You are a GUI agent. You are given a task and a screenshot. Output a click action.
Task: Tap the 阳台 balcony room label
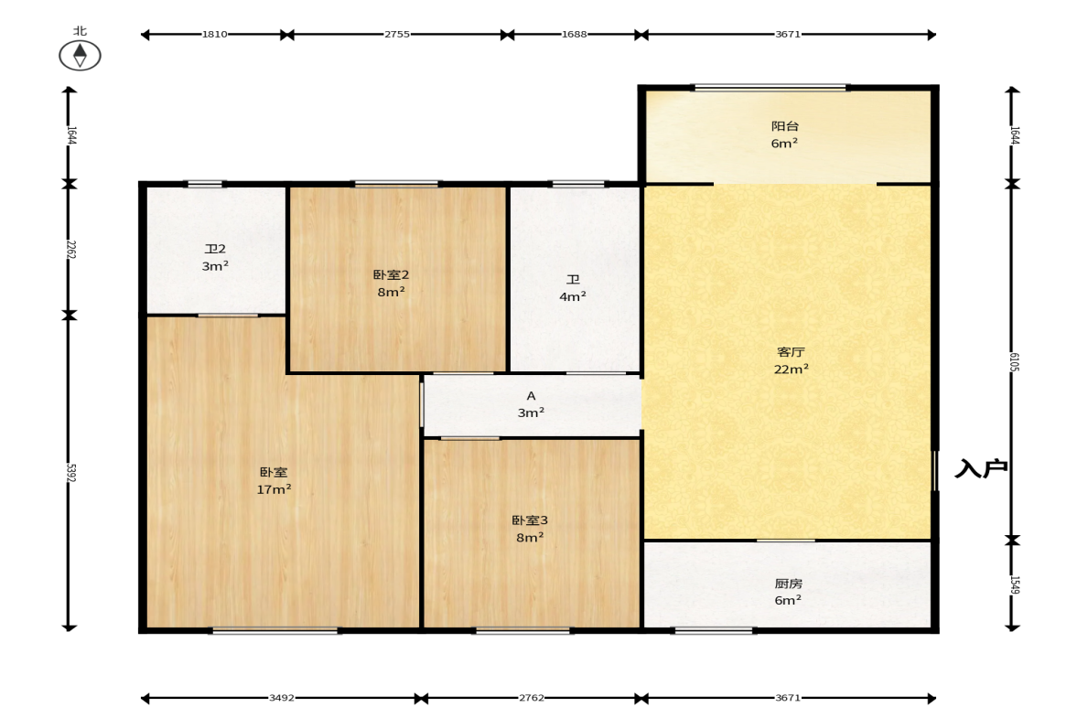pos(784,126)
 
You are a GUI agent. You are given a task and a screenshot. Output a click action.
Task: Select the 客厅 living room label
pos(791,352)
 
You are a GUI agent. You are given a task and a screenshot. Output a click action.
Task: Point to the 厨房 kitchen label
pos(788,584)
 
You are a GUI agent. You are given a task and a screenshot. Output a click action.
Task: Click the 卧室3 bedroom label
pos(530,520)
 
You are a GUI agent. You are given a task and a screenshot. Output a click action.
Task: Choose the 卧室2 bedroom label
pos(391,274)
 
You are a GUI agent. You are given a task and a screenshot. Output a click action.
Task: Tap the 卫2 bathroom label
pos(215,249)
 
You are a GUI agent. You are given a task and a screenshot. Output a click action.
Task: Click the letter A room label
pos(531,396)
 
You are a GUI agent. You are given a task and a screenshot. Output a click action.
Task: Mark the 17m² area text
pos(275,489)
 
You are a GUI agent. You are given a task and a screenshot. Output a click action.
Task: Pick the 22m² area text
pos(792,369)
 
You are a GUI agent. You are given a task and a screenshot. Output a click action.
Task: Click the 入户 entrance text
pos(981,468)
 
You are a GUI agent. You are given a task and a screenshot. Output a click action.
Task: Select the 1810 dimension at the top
pos(214,35)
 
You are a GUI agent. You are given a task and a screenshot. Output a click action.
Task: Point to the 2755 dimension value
pos(397,35)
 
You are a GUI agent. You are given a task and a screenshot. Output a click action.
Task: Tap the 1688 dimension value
pos(575,35)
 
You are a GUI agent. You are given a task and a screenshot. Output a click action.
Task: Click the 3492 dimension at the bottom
pos(282,698)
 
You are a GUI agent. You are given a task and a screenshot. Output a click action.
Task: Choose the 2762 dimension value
pos(532,698)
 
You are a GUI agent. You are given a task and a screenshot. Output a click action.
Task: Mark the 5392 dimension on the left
pos(70,472)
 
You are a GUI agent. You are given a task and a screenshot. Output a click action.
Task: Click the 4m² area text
pos(573,296)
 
